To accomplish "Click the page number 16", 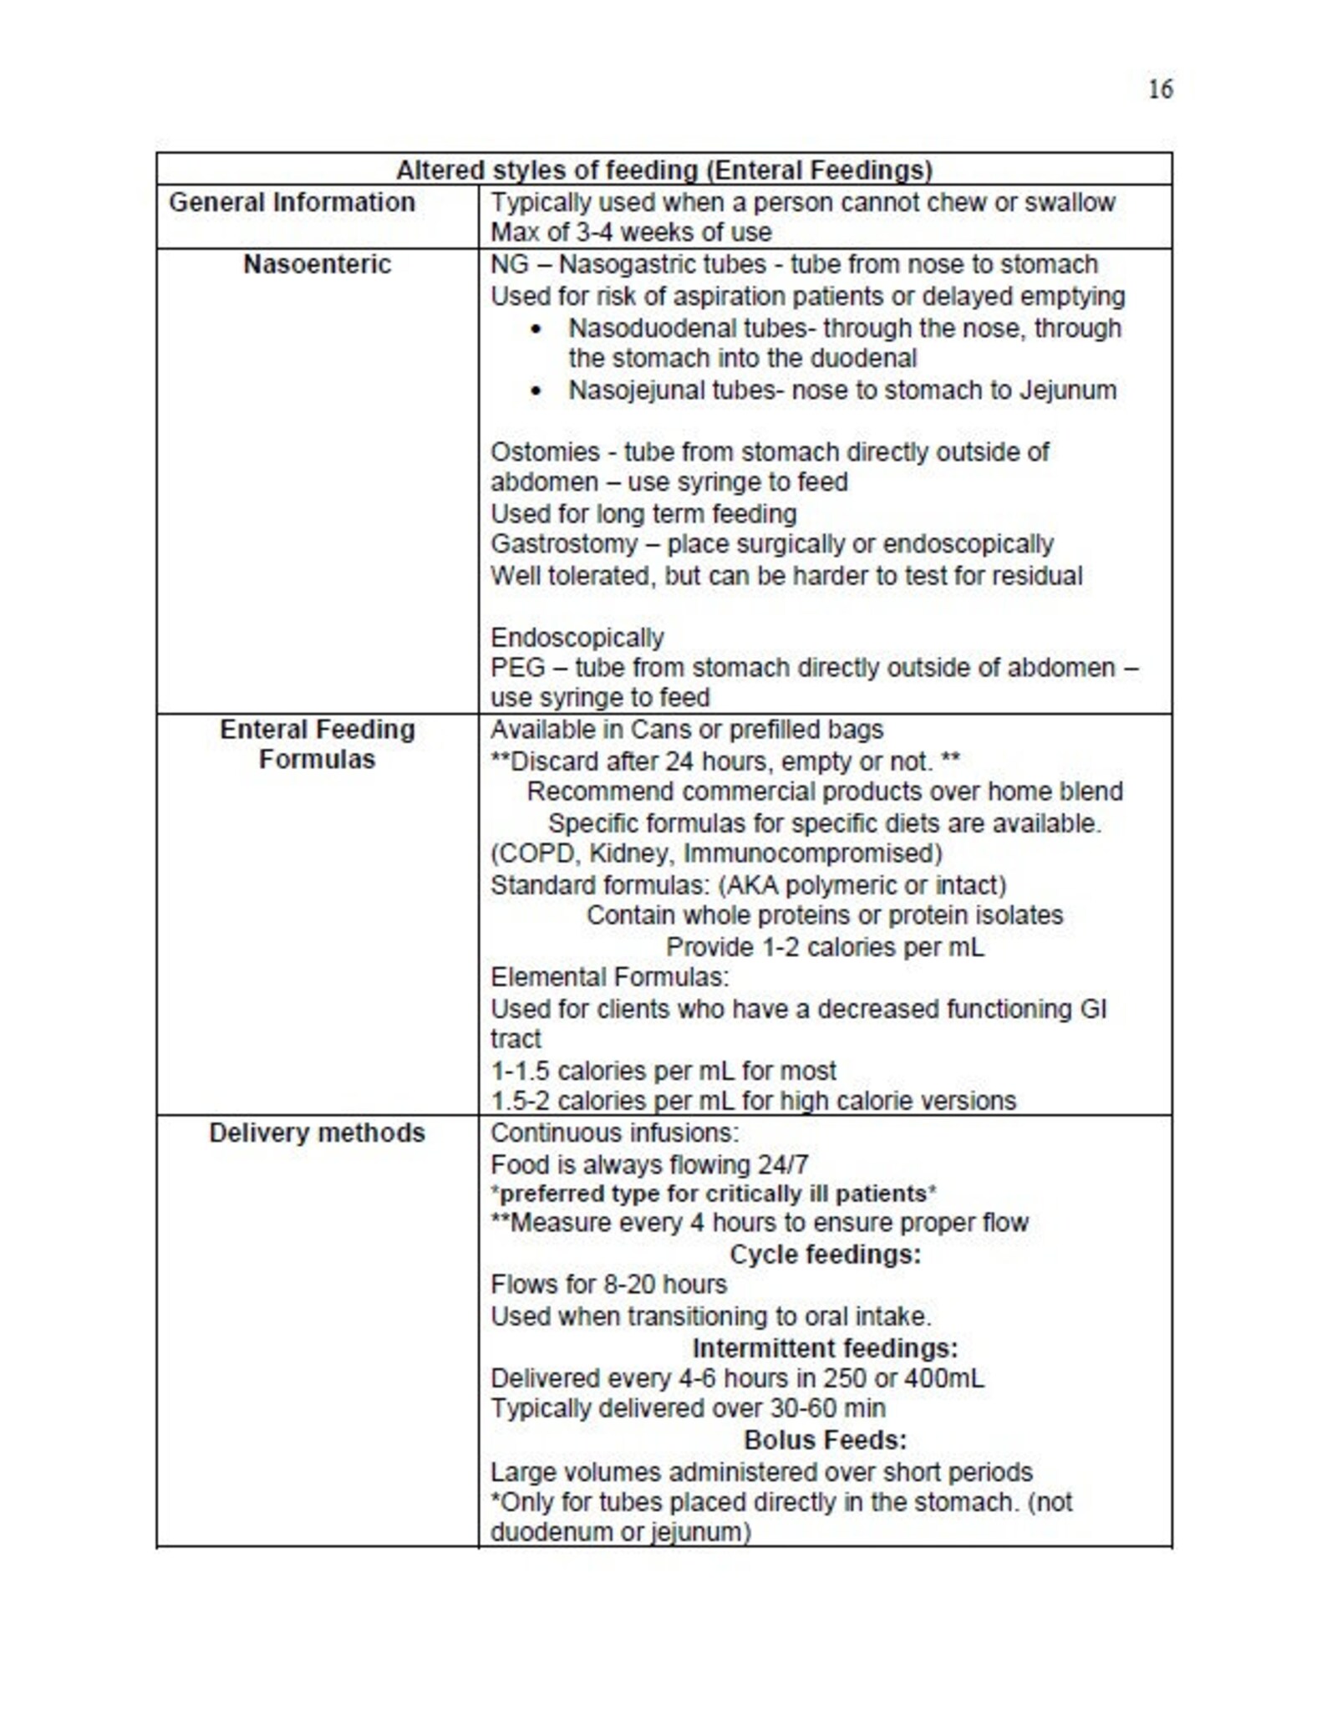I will pos(1160,89).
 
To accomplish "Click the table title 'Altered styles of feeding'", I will pos(663,171).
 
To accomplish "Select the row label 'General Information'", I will pos(292,202).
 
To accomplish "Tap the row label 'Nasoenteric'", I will pos(317,264).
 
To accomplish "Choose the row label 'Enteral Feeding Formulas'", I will pos(317,744).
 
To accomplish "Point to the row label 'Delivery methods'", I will pos(317,1133).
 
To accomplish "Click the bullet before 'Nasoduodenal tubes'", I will pos(536,329).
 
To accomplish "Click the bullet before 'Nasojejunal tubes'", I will pos(536,391).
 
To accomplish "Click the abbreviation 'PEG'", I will pos(517,668).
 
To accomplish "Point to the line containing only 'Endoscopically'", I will pos(577,638).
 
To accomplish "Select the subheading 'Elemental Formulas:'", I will pos(609,977).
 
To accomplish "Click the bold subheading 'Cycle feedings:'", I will pos(825,1255).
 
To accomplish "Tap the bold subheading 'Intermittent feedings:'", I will pos(825,1348).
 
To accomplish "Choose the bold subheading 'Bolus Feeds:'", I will pos(825,1440).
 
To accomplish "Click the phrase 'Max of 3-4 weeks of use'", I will pos(631,232).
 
